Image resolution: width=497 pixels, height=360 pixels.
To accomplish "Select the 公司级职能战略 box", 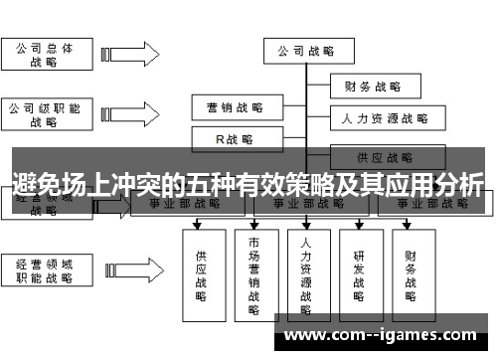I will click(43, 113).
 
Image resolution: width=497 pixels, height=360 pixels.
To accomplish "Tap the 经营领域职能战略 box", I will click(43, 271).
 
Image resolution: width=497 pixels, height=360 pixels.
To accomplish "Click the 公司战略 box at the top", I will click(305, 50).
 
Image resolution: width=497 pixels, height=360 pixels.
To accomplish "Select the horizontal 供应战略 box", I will click(384, 156).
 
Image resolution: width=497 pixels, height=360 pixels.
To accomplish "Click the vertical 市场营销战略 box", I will click(255, 272).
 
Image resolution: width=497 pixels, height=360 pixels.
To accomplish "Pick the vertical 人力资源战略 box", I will click(307, 272).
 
